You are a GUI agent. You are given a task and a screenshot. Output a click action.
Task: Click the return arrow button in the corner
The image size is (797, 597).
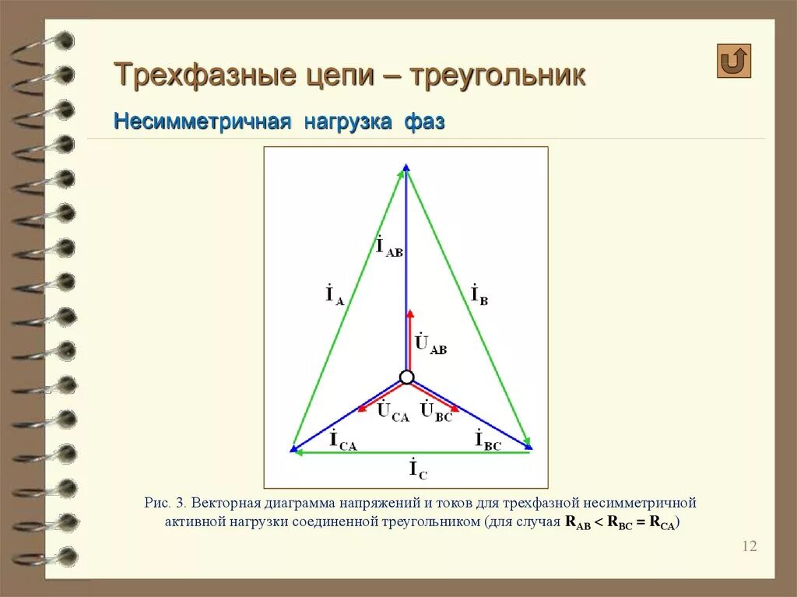pyautogui.click(x=734, y=61)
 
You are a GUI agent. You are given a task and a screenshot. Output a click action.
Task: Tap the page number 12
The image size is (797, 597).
pyautogui.click(x=749, y=546)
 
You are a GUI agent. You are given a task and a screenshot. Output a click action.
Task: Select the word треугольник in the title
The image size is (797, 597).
pyautogui.click(x=497, y=76)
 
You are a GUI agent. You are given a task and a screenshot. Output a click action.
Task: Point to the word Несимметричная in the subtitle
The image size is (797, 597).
pyautogui.click(x=202, y=121)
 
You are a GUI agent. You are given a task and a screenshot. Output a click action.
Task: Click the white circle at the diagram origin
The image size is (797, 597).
pyautogui.click(x=406, y=378)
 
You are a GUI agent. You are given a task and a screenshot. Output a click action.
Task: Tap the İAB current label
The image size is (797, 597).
pyautogui.click(x=389, y=246)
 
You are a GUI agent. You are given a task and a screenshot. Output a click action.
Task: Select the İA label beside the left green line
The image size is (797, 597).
pyautogui.click(x=335, y=296)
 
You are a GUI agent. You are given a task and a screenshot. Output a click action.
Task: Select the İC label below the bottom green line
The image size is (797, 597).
pyautogui.click(x=418, y=469)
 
